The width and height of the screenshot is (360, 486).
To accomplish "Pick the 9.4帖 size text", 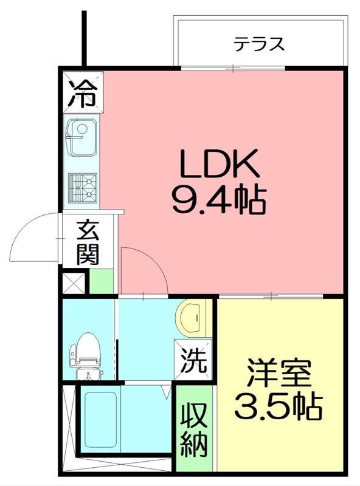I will tap(219, 200).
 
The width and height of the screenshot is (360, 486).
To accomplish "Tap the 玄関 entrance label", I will tap(88, 242).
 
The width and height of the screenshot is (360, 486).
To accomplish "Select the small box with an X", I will tap(75, 283).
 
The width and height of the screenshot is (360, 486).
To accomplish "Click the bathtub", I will tap(101, 420).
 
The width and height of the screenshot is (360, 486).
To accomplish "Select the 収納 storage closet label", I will tap(195, 432).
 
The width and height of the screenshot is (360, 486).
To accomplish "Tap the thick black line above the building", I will tap(85, 36).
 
